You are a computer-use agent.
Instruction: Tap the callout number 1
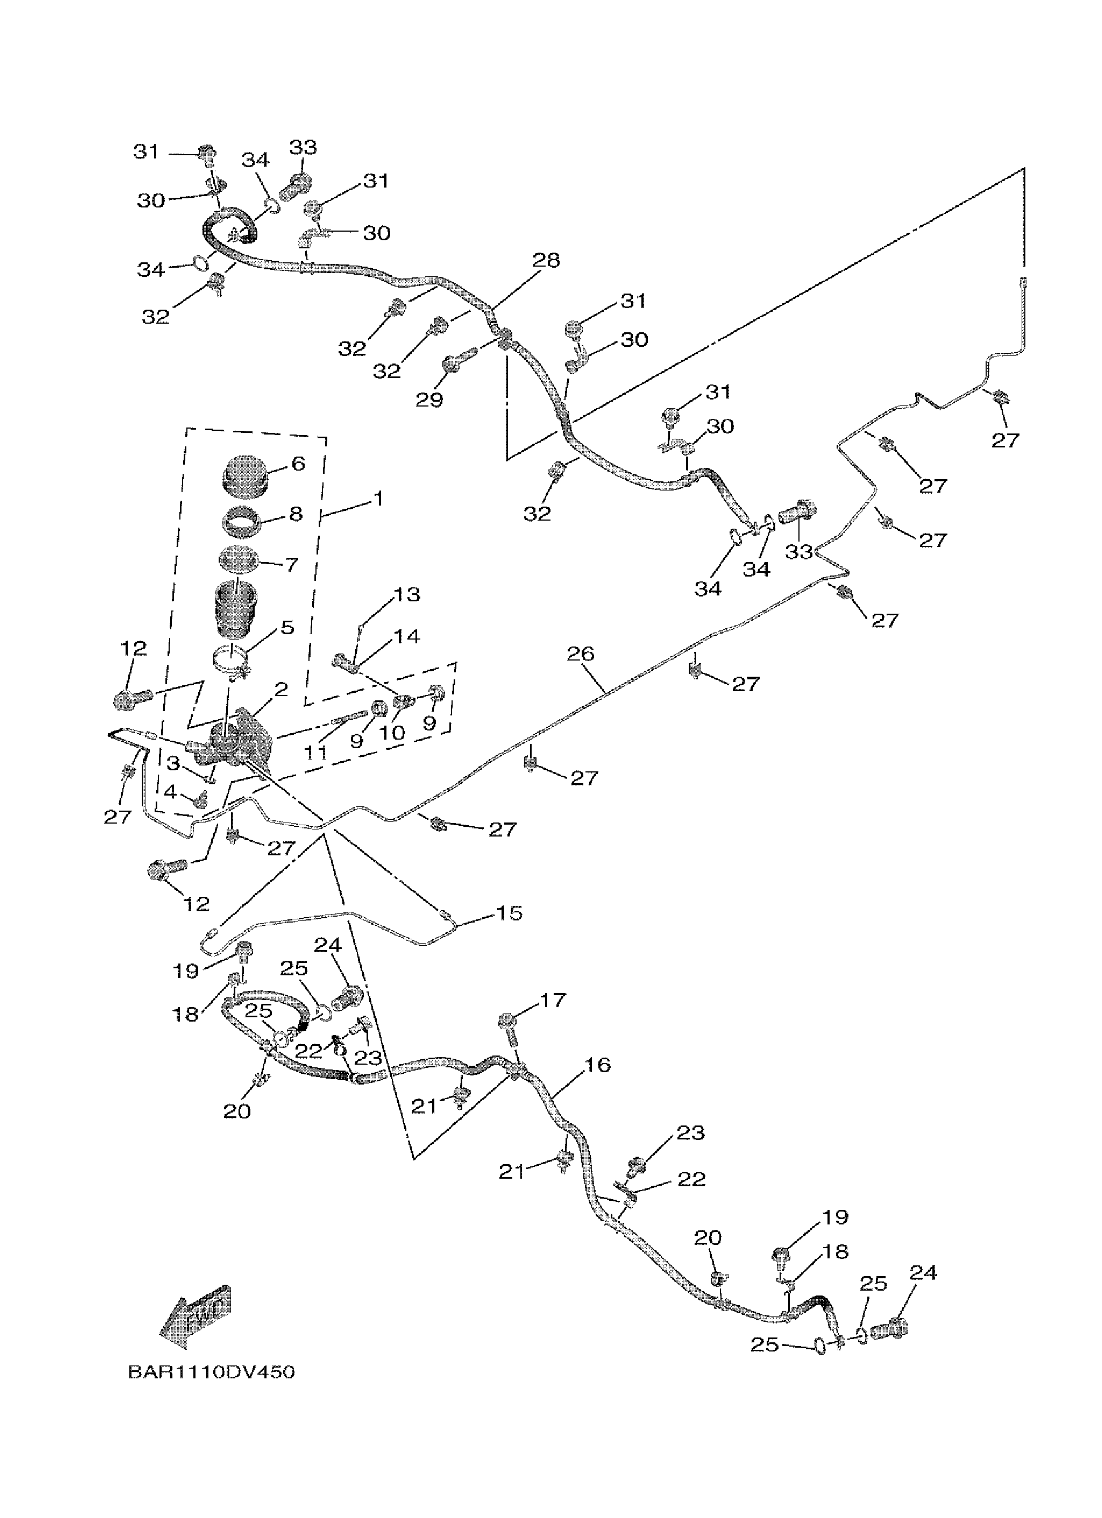pyautogui.click(x=379, y=499)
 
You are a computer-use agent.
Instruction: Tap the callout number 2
pyautogui.click(x=281, y=689)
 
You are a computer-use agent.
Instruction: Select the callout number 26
pyautogui.click(x=580, y=653)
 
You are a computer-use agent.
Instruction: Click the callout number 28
pyautogui.click(x=546, y=260)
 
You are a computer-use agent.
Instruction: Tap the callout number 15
pyautogui.click(x=508, y=913)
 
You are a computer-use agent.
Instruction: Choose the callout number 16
pyautogui.click(x=597, y=1065)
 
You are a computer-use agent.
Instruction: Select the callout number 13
pyautogui.click(x=406, y=594)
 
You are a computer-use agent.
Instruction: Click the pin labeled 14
pyautogui.click(x=346, y=663)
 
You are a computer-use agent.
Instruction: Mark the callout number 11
pyautogui.click(x=316, y=753)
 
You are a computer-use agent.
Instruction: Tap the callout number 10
pyautogui.click(x=392, y=733)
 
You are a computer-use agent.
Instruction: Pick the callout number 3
pyautogui.click(x=173, y=763)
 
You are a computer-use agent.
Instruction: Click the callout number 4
pyautogui.click(x=170, y=792)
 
